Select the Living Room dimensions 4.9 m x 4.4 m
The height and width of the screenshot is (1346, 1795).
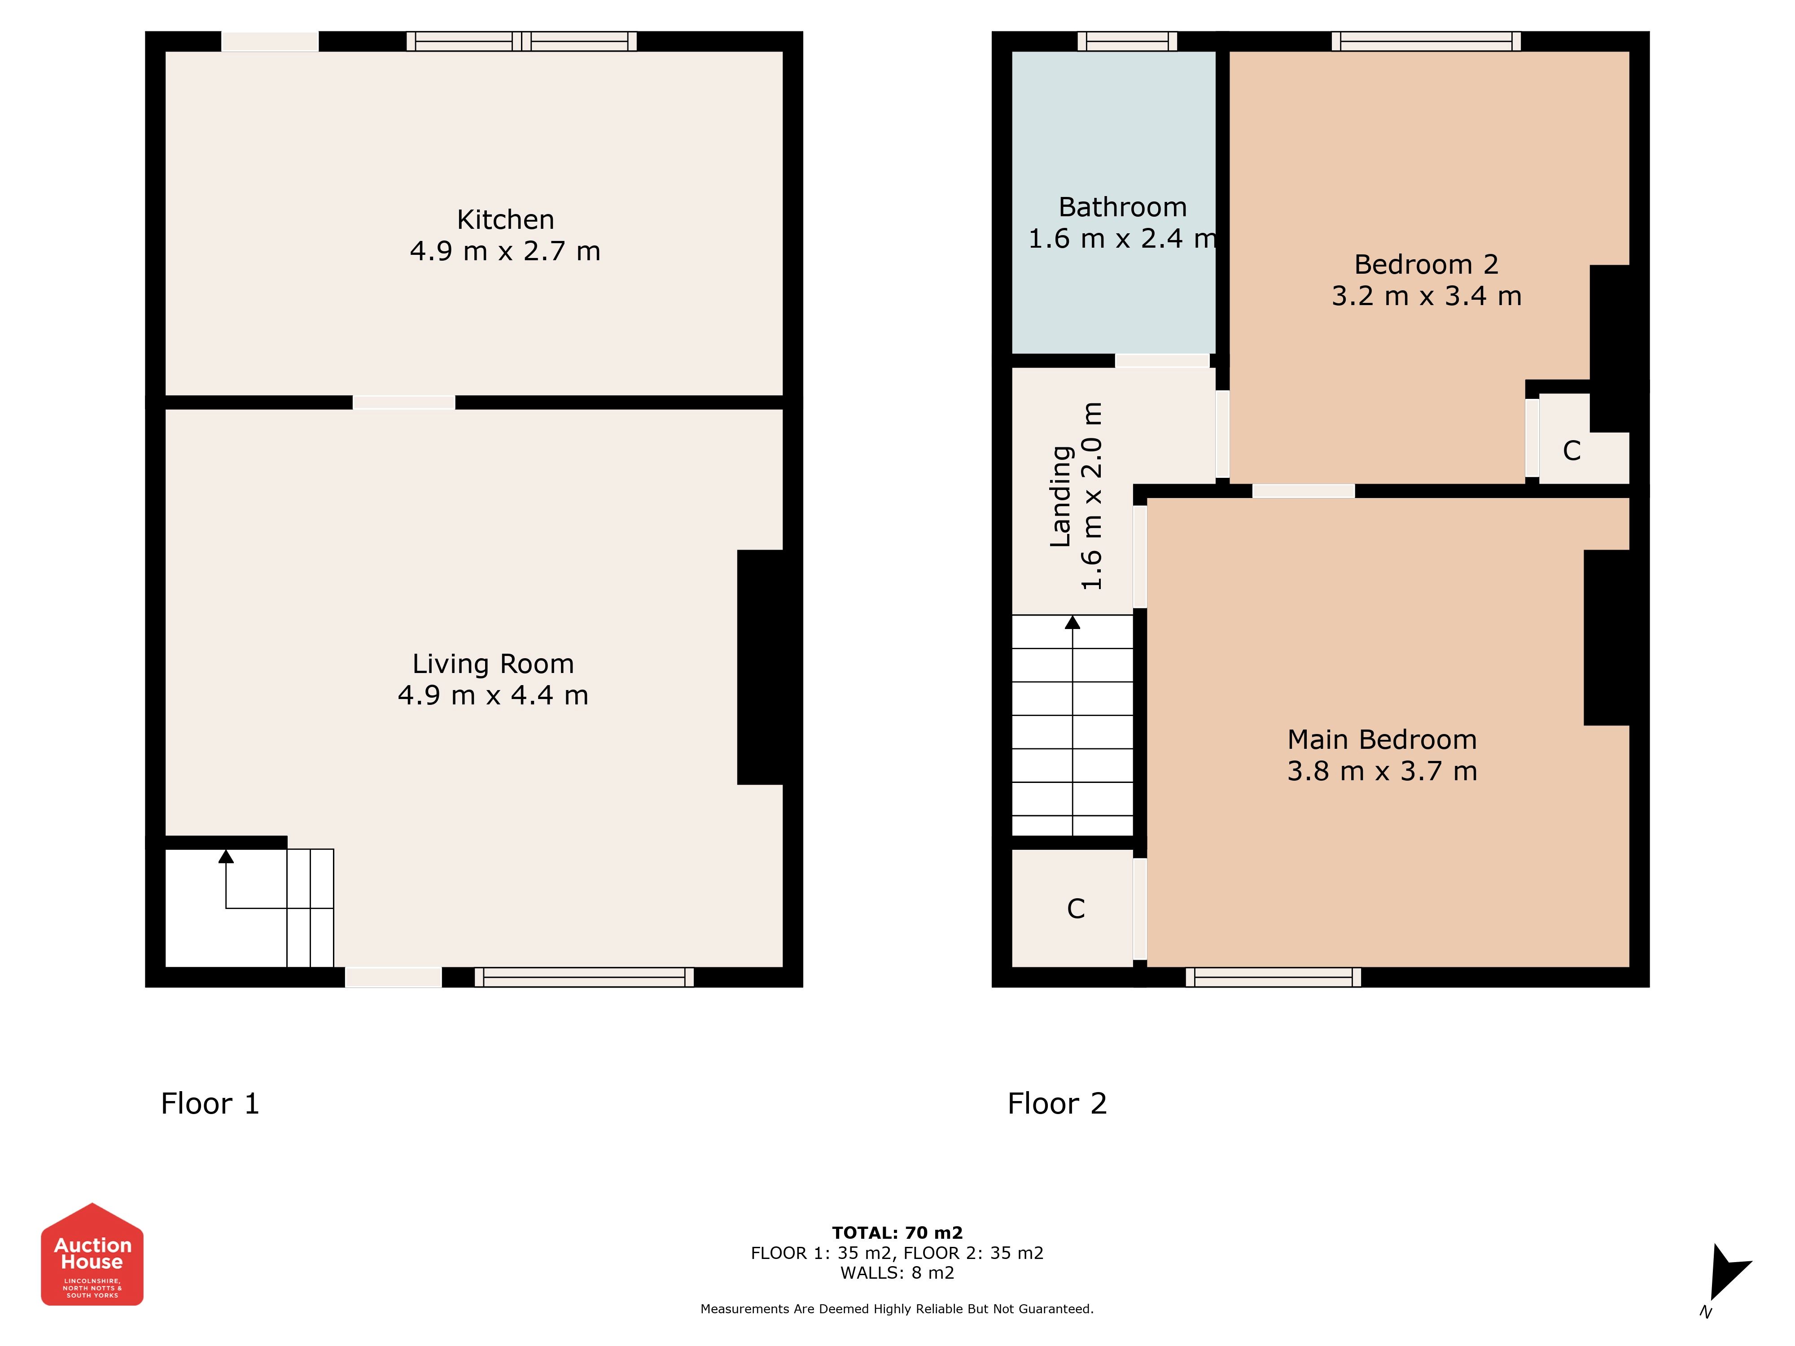tap(493, 695)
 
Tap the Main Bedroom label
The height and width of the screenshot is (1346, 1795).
tap(1382, 740)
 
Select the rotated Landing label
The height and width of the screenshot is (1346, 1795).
tap(1060, 496)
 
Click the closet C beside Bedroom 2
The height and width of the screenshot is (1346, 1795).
tap(1572, 450)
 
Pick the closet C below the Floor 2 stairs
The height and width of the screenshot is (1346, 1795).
tap(1076, 909)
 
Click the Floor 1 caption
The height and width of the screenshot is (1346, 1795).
tap(210, 1103)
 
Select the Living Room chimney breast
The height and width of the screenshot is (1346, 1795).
tap(760, 667)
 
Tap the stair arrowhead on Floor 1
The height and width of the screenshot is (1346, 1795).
tap(226, 856)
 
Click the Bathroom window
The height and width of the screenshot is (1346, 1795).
tap(1127, 41)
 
